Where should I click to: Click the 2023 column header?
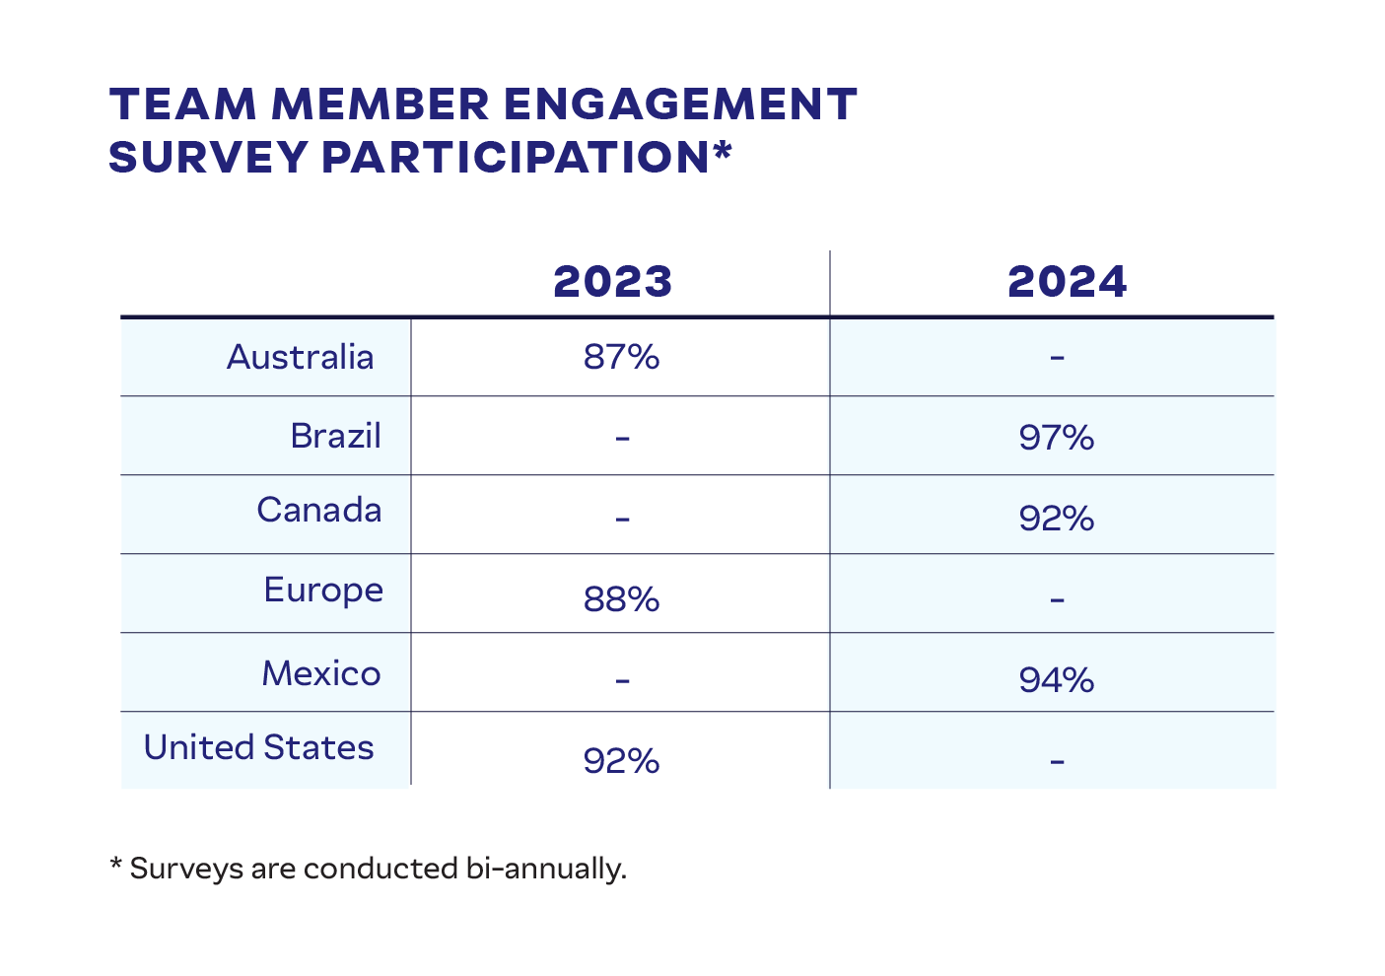click(612, 282)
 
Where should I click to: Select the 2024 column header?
click(1067, 282)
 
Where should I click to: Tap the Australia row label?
click(300, 357)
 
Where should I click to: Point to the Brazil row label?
click(335, 436)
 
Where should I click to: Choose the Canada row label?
click(318, 511)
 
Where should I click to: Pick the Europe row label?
click(323, 591)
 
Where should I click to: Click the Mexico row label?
click(321, 673)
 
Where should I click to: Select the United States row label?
click(258, 747)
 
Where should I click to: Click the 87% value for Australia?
click(621, 357)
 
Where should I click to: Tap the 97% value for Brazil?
click(1057, 438)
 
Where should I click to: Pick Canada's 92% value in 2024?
click(1057, 519)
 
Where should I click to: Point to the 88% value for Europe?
click(621, 599)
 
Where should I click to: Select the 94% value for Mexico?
click(1057, 680)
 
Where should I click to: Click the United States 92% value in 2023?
click(621, 761)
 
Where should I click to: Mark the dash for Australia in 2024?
click(1057, 358)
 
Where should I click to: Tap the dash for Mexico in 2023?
click(621, 680)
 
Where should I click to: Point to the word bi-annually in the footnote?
click(543, 869)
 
